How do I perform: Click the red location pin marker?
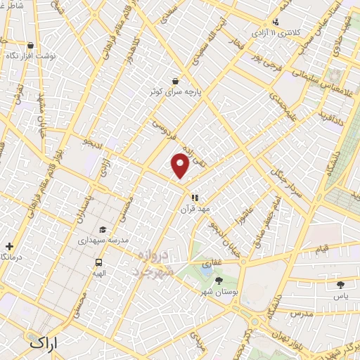click(x=181, y=166)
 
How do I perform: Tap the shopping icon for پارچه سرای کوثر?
click(x=174, y=80)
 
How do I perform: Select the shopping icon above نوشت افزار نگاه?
click(x=30, y=44)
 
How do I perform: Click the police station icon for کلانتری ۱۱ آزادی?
click(x=276, y=22)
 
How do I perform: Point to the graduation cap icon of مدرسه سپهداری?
click(x=103, y=229)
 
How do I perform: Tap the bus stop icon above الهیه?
click(x=99, y=262)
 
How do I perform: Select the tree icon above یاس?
click(x=341, y=285)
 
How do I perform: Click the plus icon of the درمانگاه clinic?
click(x=8, y=246)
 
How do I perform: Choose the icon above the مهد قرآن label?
click(x=194, y=198)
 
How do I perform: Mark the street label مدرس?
click(x=298, y=312)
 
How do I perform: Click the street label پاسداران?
click(x=82, y=207)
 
